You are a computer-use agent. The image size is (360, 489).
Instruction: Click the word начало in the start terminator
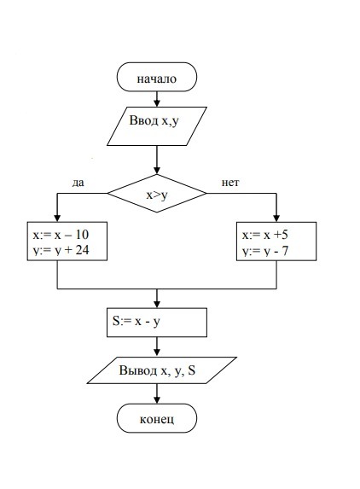[156, 79]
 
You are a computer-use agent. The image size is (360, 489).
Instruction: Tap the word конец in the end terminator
[157, 419]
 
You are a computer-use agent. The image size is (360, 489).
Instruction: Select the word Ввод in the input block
[143, 120]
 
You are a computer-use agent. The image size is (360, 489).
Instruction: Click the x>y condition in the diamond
[157, 195]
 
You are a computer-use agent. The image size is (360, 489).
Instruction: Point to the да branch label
[78, 183]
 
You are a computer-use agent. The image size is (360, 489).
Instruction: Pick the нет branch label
[230, 183]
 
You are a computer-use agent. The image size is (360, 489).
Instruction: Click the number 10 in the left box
[81, 235]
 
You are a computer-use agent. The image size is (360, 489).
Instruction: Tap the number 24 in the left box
[82, 250]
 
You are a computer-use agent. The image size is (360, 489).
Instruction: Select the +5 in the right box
[281, 235]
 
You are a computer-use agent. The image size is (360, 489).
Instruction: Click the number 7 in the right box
[285, 251]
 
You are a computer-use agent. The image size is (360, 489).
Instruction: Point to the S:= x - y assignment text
[136, 321]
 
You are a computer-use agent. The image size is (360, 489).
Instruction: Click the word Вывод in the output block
[137, 370]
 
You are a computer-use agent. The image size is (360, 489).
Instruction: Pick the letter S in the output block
[192, 370]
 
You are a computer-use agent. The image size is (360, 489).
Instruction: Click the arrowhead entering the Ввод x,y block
[157, 103]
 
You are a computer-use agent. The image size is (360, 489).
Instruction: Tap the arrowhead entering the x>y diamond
[157, 170]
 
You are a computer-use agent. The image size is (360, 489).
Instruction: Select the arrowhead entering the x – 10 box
[57, 218]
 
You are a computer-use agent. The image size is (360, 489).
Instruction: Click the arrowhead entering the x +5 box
[276, 218]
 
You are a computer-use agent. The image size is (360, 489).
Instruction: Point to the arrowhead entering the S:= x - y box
[157, 304]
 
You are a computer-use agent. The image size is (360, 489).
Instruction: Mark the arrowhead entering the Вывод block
[157, 352]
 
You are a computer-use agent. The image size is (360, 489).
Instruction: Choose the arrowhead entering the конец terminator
[157, 399]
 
